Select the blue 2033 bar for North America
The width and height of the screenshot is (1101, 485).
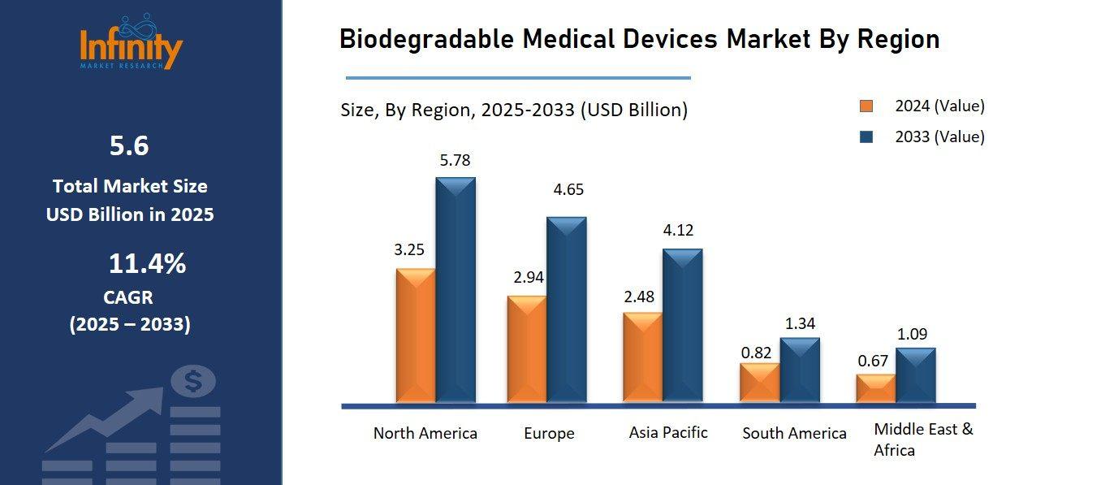coord(456,291)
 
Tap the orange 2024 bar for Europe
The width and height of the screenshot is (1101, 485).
coord(527,349)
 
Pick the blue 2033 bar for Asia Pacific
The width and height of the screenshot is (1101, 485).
coord(682,326)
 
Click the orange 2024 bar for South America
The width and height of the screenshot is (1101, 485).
coord(759,383)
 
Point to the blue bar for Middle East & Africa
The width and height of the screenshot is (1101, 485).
coord(915,375)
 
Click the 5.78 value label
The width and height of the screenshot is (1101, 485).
coord(455,160)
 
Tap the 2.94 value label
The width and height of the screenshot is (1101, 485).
coord(528,278)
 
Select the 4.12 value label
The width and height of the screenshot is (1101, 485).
coord(678,230)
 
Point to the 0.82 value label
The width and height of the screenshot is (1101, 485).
coord(756,353)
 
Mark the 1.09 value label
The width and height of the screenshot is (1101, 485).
coord(912,333)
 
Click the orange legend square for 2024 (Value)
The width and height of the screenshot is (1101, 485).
coord(866,106)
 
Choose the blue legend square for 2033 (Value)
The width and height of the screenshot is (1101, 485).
coord(866,137)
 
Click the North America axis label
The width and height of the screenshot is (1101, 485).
coord(425,433)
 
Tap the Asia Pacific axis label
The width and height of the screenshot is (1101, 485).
coord(667,432)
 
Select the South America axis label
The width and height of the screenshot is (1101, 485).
coord(794,433)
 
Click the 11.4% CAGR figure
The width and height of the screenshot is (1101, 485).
coord(147,264)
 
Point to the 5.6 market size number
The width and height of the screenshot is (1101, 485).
coord(129,146)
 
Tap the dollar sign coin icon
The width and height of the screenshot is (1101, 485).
coord(193,380)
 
